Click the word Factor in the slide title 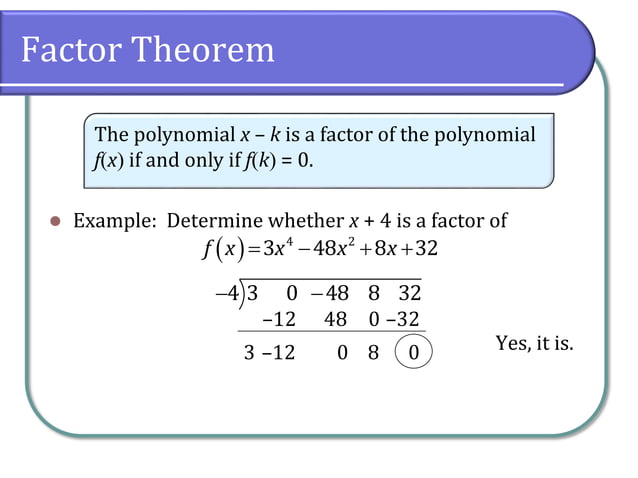75,49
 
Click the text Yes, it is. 534,344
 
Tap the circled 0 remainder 414,353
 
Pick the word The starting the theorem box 110,135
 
